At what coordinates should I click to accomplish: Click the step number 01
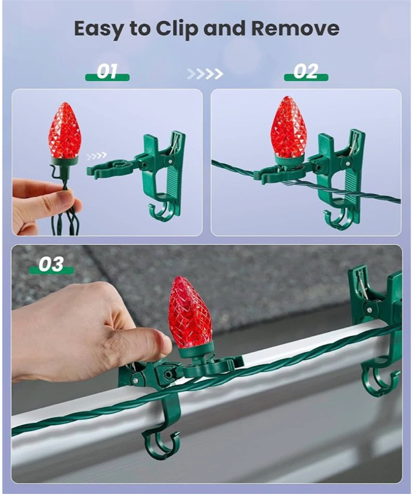click(107, 71)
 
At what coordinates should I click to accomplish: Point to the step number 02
click(306, 71)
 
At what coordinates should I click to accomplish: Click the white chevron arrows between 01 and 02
click(205, 74)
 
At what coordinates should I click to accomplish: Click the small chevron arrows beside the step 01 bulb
click(97, 156)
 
